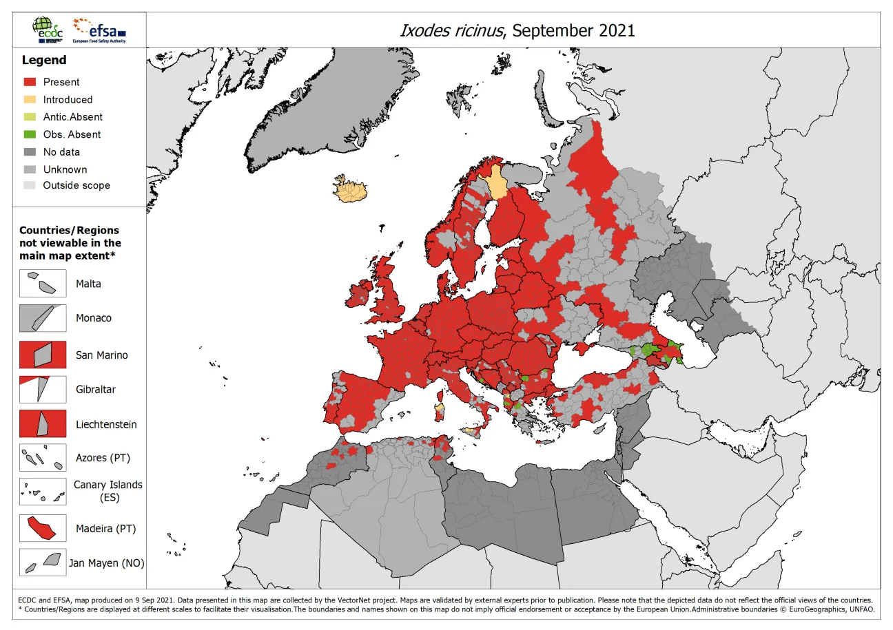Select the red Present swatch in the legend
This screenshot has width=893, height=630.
click(30, 82)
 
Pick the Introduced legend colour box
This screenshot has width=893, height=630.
click(30, 99)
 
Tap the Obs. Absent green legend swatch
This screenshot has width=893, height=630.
click(30, 134)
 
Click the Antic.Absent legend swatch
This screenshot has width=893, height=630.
click(30, 117)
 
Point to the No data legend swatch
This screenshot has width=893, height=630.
click(30, 152)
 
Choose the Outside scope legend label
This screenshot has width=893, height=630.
click(76, 185)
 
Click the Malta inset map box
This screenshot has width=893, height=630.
click(43, 283)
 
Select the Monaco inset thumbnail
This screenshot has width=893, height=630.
click(43, 318)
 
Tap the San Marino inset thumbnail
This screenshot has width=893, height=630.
click(43, 355)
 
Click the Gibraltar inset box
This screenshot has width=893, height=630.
click(43, 389)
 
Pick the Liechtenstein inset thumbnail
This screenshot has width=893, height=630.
click(43, 423)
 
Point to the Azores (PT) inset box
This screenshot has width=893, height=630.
click(43, 458)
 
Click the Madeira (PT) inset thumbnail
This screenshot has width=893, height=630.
click(43, 528)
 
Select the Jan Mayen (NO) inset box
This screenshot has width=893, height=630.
click(43, 563)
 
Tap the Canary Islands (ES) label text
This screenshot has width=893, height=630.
click(108, 490)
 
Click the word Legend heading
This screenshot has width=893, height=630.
click(44, 61)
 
